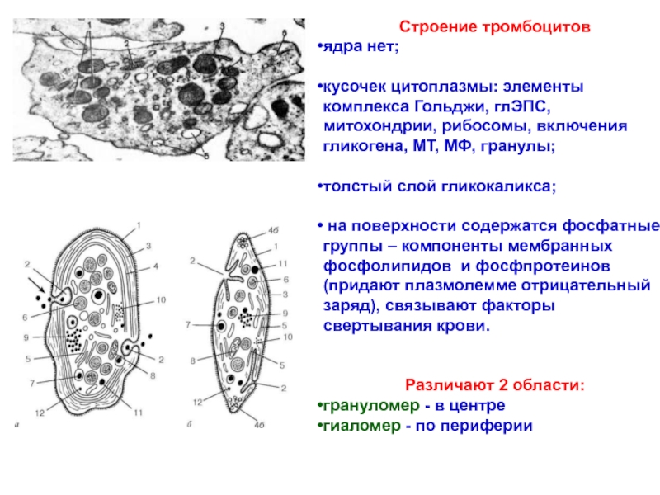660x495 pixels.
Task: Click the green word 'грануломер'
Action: pyautogui.click(x=370, y=406)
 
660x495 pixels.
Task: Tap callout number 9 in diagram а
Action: pyautogui.click(x=26, y=337)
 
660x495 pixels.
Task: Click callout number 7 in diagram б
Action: pyautogui.click(x=191, y=326)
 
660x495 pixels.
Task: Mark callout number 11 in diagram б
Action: pyautogui.click(x=282, y=262)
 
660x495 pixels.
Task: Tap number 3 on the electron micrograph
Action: pyautogui.click(x=222, y=26)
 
